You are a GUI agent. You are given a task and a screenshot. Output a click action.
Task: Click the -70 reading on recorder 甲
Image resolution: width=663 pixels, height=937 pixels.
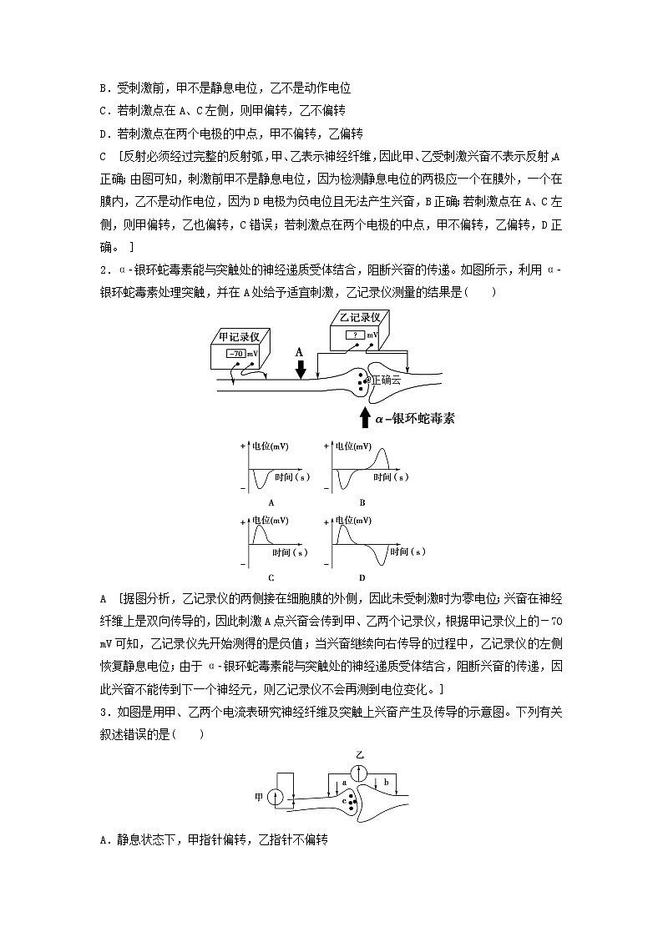[235, 353]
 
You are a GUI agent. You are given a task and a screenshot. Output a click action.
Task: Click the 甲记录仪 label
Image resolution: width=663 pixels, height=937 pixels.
[239, 336]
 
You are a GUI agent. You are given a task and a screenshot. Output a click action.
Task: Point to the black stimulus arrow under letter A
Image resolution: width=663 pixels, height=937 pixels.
[301, 368]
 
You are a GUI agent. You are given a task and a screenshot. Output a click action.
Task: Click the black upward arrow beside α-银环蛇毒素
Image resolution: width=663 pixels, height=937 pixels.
[363, 416]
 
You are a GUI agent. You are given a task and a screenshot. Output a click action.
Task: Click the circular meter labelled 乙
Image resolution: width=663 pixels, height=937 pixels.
[360, 773]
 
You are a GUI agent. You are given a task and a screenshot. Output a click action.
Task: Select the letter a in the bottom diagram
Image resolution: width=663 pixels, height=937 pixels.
[344, 783]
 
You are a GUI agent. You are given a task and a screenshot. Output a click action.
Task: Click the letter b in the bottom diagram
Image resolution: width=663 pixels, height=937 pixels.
[386, 783]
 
